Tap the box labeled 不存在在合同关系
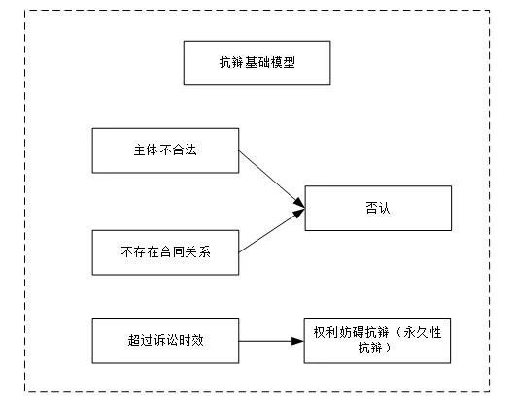pyautogui.click(x=164, y=252)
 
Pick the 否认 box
pyautogui.click(x=377, y=207)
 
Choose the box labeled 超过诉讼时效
pyautogui.click(x=164, y=341)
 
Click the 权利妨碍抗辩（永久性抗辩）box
pyautogui.click(x=378, y=341)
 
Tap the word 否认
pyautogui.click(x=377, y=207)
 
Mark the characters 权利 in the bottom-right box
pyautogui.click(x=323, y=333)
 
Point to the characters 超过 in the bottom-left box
pyautogui.click(x=139, y=341)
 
